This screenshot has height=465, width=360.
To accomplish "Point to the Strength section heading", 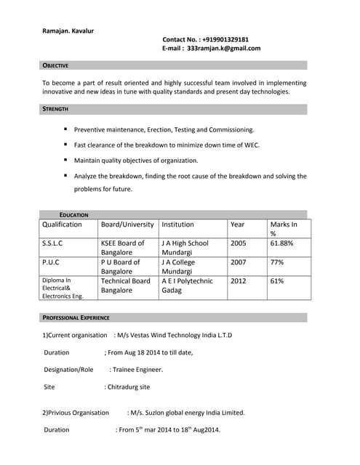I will pos(55,109).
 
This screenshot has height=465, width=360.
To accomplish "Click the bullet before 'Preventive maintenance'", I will pos(65,129).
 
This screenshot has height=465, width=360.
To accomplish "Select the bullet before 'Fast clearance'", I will pos(65,145).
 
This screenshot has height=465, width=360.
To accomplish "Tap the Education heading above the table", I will pos(73,215).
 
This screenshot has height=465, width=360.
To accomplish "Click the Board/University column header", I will pos(127,225).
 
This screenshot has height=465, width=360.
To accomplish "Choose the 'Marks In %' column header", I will pos(283,229).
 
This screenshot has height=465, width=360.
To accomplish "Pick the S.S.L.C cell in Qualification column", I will pos(52,243).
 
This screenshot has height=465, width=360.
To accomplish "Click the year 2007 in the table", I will pos(238,262).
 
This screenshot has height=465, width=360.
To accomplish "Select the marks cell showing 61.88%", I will pos(281,243).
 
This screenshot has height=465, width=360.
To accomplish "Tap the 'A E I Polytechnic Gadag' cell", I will pos(187,285).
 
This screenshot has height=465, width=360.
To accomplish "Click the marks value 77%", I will pos(276,262).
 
